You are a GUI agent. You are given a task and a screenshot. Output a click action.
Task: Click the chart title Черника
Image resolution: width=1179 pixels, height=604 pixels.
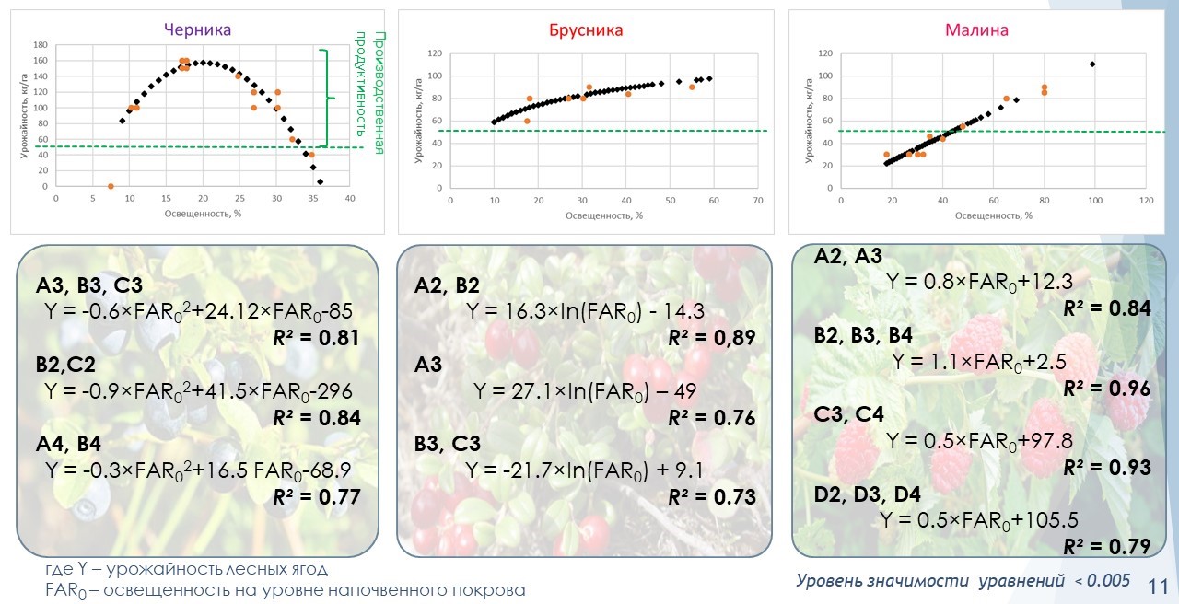click(197, 29)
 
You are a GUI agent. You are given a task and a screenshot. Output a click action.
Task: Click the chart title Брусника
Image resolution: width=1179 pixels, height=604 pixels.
click(586, 29)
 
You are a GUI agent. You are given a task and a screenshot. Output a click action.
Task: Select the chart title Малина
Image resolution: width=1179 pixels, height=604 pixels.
click(976, 29)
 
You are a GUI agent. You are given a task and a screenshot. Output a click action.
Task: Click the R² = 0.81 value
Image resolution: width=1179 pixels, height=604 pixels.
click(316, 337)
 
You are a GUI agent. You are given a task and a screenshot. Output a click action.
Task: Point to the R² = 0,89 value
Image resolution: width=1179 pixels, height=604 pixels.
click(711, 338)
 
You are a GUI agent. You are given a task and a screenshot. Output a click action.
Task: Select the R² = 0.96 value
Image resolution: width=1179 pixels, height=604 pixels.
click(1106, 389)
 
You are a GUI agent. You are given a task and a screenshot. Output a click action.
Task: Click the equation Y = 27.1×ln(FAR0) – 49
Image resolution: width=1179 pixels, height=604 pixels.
click(585, 390)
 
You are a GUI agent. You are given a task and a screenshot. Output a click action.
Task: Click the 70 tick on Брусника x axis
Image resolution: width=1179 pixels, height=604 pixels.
click(757, 200)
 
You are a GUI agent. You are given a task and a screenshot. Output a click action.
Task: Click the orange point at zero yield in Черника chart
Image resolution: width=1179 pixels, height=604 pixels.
click(111, 186)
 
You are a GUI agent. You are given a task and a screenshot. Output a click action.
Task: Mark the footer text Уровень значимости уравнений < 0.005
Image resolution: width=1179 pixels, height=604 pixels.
click(963, 580)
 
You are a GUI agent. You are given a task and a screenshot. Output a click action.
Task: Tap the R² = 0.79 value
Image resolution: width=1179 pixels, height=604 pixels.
click(1106, 547)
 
